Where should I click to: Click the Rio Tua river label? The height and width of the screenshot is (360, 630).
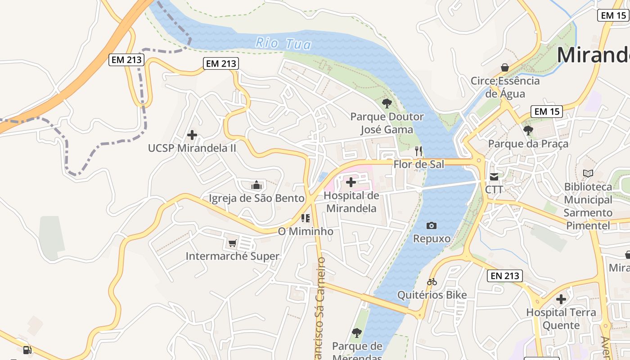click(283, 44)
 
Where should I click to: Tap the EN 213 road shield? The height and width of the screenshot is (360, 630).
click(504, 276)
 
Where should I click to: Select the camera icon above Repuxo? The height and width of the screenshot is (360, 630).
click(432, 225)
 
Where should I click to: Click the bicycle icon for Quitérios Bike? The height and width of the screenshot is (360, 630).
click(432, 282)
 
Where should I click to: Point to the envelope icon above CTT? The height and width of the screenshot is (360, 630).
click(494, 176)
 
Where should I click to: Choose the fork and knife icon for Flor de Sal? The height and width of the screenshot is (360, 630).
click(418, 151)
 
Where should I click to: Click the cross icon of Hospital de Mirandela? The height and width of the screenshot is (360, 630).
click(351, 182)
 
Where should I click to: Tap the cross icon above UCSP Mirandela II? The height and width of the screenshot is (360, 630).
click(192, 135)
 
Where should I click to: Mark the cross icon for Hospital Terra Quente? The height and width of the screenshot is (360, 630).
click(561, 299)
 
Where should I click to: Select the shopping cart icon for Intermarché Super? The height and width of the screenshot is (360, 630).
click(232, 243)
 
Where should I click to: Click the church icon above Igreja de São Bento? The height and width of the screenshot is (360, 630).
click(256, 185)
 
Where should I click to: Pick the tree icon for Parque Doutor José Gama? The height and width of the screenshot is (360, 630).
click(387, 103)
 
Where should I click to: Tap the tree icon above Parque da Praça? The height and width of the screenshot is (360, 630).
click(528, 130)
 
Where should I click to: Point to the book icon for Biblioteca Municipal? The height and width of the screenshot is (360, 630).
click(588, 173)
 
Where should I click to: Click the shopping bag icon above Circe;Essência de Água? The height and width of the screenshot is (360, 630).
click(505, 67)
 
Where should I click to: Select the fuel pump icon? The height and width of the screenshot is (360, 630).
click(27, 350)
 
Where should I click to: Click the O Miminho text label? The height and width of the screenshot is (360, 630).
click(306, 232)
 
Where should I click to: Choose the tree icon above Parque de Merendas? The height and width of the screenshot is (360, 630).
click(356, 333)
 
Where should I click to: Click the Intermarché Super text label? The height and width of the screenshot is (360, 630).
click(233, 256)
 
